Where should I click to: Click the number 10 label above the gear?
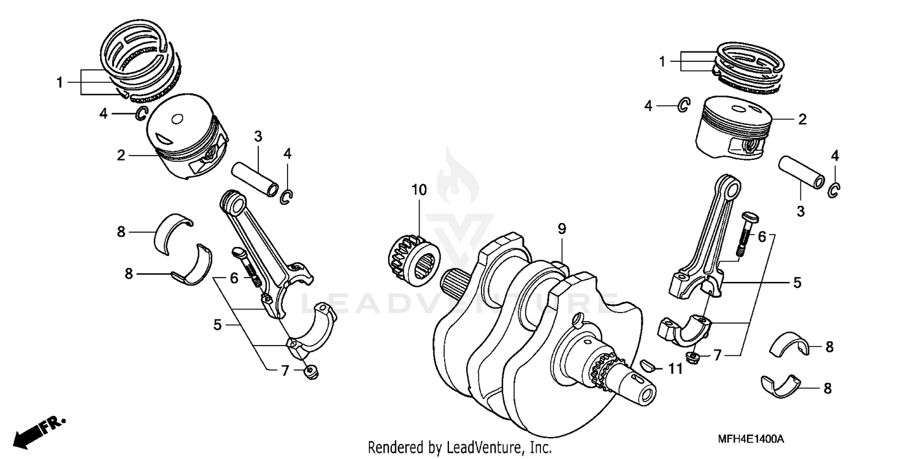418,190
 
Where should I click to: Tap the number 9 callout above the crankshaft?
561,229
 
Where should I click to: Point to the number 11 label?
675,368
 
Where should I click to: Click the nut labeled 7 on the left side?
310,371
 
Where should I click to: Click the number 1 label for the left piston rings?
59,82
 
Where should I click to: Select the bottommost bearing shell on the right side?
782,385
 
